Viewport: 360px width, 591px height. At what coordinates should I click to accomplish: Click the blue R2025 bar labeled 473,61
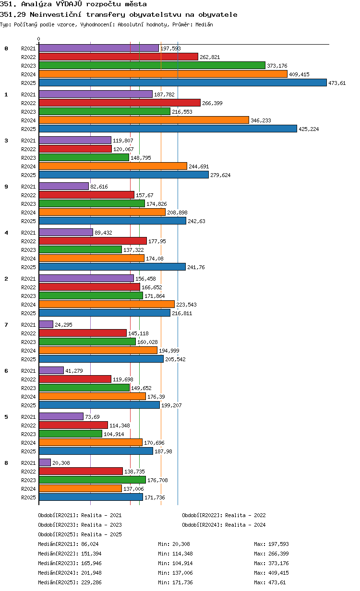click(182, 83)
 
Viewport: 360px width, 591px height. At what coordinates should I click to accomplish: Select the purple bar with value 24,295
click(46, 324)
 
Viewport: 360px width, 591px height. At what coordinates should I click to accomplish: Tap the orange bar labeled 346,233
click(144, 120)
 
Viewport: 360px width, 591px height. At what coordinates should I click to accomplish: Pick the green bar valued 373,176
click(152, 65)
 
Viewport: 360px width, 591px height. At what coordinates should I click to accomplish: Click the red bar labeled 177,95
click(93, 241)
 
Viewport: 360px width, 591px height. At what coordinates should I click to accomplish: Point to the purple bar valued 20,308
click(45, 462)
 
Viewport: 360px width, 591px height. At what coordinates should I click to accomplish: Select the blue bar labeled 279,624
click(124, 175)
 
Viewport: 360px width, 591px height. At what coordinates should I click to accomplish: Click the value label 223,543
click(186, 305)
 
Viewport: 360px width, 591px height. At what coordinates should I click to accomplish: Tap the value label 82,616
click(99, 187)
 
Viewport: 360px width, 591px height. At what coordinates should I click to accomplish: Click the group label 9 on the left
click(6, 187)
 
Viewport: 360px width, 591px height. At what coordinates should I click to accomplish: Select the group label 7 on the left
click(6, 325)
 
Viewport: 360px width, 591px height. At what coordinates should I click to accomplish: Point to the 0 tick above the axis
click(38, 39)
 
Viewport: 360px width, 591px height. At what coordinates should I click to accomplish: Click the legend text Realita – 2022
click(245, 515)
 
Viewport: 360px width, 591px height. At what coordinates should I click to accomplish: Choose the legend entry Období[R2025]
click(58, 534)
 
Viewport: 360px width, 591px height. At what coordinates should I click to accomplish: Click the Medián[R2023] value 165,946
click(91, 563)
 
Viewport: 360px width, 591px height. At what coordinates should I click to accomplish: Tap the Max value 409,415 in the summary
click(278, 573)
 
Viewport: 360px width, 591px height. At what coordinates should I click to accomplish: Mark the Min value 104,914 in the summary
click(182, 563)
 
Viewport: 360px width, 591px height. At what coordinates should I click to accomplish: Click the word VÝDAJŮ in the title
click(69, 4)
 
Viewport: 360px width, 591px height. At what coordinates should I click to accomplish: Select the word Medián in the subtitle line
click(204, 24)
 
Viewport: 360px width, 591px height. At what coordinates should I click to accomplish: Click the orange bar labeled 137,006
click(80, 488)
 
